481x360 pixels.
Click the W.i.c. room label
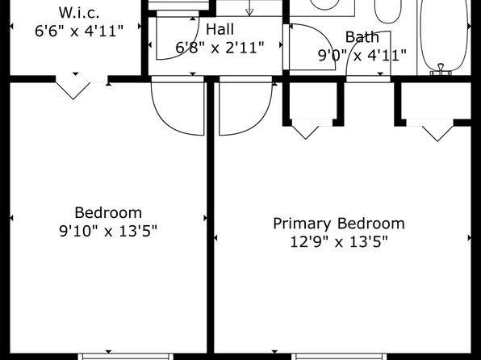point(79,13)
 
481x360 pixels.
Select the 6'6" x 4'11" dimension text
point(79,31)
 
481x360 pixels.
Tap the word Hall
point(220,30)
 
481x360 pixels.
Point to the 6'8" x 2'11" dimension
point(220,48)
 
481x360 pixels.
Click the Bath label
point(362,37)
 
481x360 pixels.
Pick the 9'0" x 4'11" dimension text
point(362,56)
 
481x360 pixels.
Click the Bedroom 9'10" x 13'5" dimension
point(108,231)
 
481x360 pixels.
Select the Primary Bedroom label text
point(339,224)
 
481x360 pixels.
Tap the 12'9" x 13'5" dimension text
point(339,242)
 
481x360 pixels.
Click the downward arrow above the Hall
point(249,8)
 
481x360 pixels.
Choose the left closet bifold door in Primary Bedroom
point(306,132)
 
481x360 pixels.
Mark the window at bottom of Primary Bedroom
point(339,357)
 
